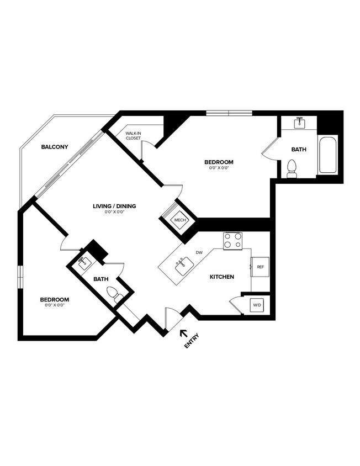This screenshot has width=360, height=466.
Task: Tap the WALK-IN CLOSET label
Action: [x=133, y=136]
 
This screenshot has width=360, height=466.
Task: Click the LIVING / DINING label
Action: [x=114, y=206]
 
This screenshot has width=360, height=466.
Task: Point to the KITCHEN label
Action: [x=223, y=276]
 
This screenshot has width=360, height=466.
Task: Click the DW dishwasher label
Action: [x=199, y=253]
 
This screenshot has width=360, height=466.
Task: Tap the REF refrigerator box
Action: [x=260, y=267]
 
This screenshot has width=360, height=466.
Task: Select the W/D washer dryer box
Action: [x=257, y=305]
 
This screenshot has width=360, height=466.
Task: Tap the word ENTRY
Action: [x=192, y=342]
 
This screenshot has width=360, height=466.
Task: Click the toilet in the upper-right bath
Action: [x=292, y=168]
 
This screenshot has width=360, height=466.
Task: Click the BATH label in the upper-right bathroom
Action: [x=299, y=149]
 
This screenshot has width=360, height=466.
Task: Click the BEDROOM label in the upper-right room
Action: [x=219, y=162]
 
